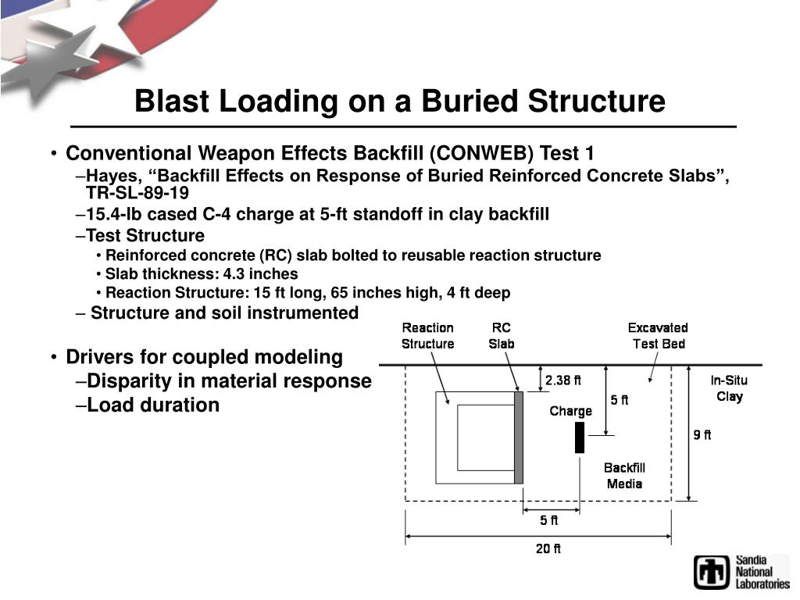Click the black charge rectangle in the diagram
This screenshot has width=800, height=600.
coord(580,437)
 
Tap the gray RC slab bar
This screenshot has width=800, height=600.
coord(519,437)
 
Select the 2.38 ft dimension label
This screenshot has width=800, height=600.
coord(563,380)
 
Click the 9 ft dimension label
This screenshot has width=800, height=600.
coord(702,435)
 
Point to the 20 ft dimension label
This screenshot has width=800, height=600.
coord(548,548)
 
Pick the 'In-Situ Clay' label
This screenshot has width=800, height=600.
coord(729,388)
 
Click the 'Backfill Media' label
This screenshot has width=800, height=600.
coord(624,476)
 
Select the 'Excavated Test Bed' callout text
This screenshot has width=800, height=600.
coord(658,336)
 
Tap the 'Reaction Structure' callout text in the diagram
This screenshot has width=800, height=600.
coord(427,336)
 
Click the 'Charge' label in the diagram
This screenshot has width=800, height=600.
coord(570,411)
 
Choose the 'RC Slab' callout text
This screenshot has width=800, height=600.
coord(502,336)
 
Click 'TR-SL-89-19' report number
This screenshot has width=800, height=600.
coord(137,192)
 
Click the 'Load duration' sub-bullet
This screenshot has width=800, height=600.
coord(152,405)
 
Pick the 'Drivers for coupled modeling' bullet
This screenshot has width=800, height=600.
coord(204,357)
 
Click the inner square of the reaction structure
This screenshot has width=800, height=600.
coord(485,437)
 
